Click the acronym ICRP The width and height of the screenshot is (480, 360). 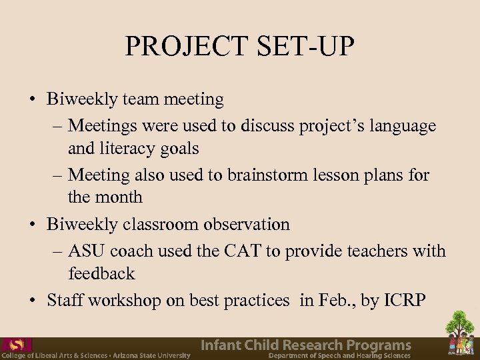point(403,301)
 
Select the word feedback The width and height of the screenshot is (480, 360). point(101,273)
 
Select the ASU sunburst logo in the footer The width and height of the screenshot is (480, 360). point(17,345)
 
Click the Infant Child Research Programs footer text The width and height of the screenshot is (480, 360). point(306,345)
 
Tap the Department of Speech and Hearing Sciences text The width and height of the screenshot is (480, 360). point(339,356)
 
